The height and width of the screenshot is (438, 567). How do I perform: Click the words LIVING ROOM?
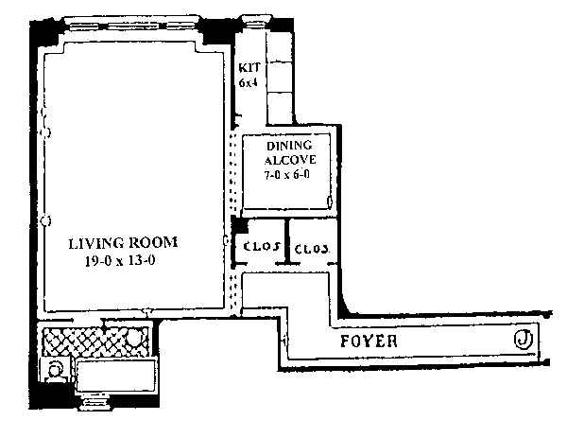pyautogui.click(x=123, y=243)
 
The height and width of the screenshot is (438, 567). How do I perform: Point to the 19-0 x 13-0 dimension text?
pyautogui.click(x=120, y=261)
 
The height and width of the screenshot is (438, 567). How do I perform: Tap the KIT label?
pyautogui.click(x=249, y=68)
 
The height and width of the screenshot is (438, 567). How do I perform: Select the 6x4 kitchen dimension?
pyautogui.click(x=248, y=82)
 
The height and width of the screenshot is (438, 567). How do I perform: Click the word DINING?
pyautogui.click(x=289, y=146)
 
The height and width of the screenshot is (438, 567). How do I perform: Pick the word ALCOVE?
pyautogui.click(x=290, y=160)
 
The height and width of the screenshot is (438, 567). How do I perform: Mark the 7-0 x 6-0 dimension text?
pyautogui.click(x=287, y=175)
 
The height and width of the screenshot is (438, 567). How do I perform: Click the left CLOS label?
pyautogui.click(x=262, y=247)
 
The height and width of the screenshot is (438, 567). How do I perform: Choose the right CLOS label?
pyautogui.click(x=312, y=249)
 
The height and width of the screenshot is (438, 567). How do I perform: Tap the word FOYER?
pyautogui.click(x=369, y=341)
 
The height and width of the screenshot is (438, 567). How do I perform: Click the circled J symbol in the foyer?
pyautogui.click(x=523, y=340)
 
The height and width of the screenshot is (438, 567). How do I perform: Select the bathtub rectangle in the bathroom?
pyautogui.click(x=115, y=376)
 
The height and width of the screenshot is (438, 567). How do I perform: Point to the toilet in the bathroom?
pyautogui.click(x=56, y=371)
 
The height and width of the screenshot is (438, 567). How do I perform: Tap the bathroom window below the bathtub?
pyautogui.click(x=94, y=402)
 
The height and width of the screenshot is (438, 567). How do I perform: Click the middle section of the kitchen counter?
pyautogui.click(x=279, y=77)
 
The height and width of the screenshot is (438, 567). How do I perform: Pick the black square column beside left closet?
pyautogui.click(x=239, y=224)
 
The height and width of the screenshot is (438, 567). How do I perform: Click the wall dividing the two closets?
pyautogui.click(x=287, y=241)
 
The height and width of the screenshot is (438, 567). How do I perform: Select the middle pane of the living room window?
pyautogui.click(x=133, y=26)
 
